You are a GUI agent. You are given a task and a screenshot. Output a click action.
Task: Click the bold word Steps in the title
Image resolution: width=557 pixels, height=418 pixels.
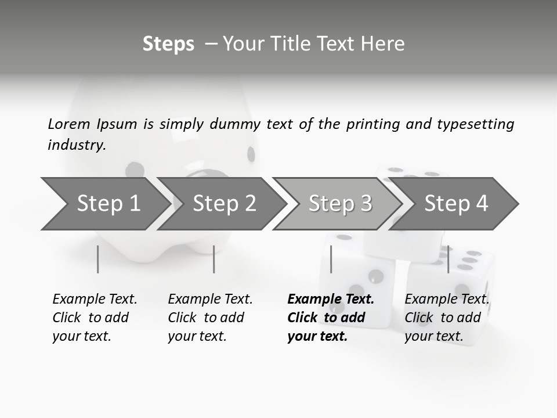click(x=168, y=44)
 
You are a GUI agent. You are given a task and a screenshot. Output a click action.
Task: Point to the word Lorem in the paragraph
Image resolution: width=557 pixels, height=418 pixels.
click(x=69, y=124)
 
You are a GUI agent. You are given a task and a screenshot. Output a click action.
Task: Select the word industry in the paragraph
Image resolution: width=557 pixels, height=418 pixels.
click(x=76, y=145)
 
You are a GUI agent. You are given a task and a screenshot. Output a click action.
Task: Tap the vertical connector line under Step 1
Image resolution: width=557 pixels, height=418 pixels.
click(x=98, y=259)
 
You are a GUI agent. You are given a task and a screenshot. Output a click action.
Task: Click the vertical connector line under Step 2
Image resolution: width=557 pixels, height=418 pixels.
click(x=214, y=259)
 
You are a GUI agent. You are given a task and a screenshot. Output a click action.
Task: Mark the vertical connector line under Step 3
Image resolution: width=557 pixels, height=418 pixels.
click(x=331, y=259)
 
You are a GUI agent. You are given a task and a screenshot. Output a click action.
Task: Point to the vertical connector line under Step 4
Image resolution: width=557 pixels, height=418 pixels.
click(x=448, y=259)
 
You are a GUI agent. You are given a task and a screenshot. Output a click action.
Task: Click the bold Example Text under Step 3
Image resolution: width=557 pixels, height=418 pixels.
click(x=331, y=300)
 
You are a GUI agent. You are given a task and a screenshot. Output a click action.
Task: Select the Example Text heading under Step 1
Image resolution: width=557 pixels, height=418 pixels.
click(x=95, y=300)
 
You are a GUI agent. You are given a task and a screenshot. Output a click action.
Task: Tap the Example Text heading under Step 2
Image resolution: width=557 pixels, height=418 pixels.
click(x=210, y=300)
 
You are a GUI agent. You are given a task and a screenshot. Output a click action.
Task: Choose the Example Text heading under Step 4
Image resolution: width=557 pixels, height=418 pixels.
click(x=447, y=300)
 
